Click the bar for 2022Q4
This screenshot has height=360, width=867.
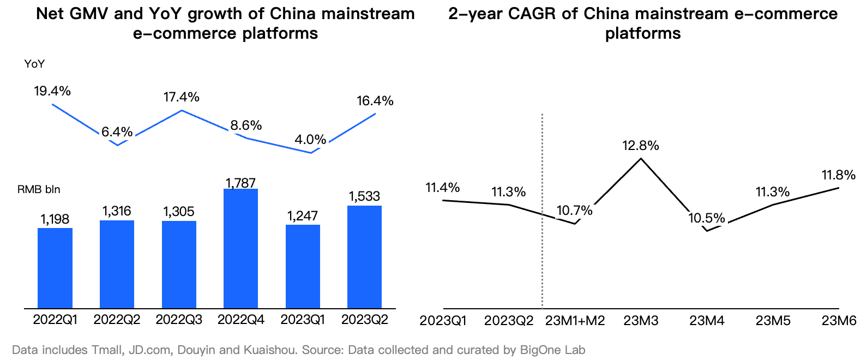[x=241, y=249]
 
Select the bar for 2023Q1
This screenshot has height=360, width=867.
[x=303, y=267]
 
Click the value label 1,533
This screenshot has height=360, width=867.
[x=364, y=196]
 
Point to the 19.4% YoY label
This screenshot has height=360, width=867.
[x=52, y=91]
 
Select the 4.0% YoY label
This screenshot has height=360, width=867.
[x=310, y=140]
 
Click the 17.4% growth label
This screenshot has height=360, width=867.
[x=182, y=97]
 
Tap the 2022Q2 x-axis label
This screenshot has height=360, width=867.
[x=117, y=320]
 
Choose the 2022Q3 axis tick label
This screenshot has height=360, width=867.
[x=179, y=320]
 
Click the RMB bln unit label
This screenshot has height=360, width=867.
[x=39, y=190]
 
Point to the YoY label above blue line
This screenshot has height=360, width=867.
[x=34, y=64]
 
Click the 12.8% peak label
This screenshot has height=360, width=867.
[x=641, y=146]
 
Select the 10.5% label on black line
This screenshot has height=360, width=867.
[x=707, y=219]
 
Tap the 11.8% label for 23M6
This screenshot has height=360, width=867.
[x=838, y=175]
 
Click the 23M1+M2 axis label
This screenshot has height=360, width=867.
[x=575, y=321]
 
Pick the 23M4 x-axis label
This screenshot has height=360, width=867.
[x=707, y=321]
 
